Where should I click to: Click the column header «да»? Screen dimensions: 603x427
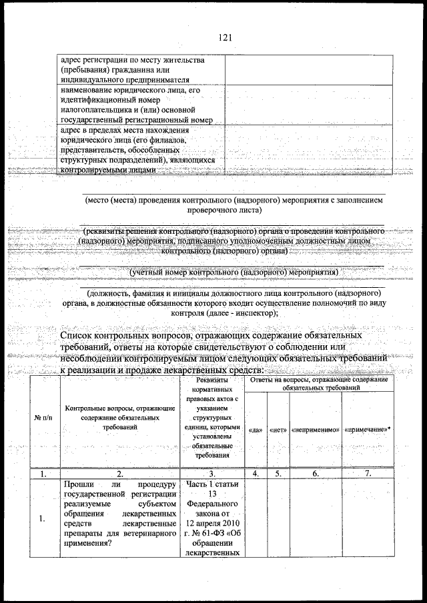[255, 430]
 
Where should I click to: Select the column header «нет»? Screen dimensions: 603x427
[278, 430]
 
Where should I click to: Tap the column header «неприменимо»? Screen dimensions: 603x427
[315, 430]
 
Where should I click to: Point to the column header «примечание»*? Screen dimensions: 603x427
[367, 430]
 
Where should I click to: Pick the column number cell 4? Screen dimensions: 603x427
[255, 474]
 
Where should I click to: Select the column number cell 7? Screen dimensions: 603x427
[367, 474]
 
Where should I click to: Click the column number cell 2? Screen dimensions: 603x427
[119, 474]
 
